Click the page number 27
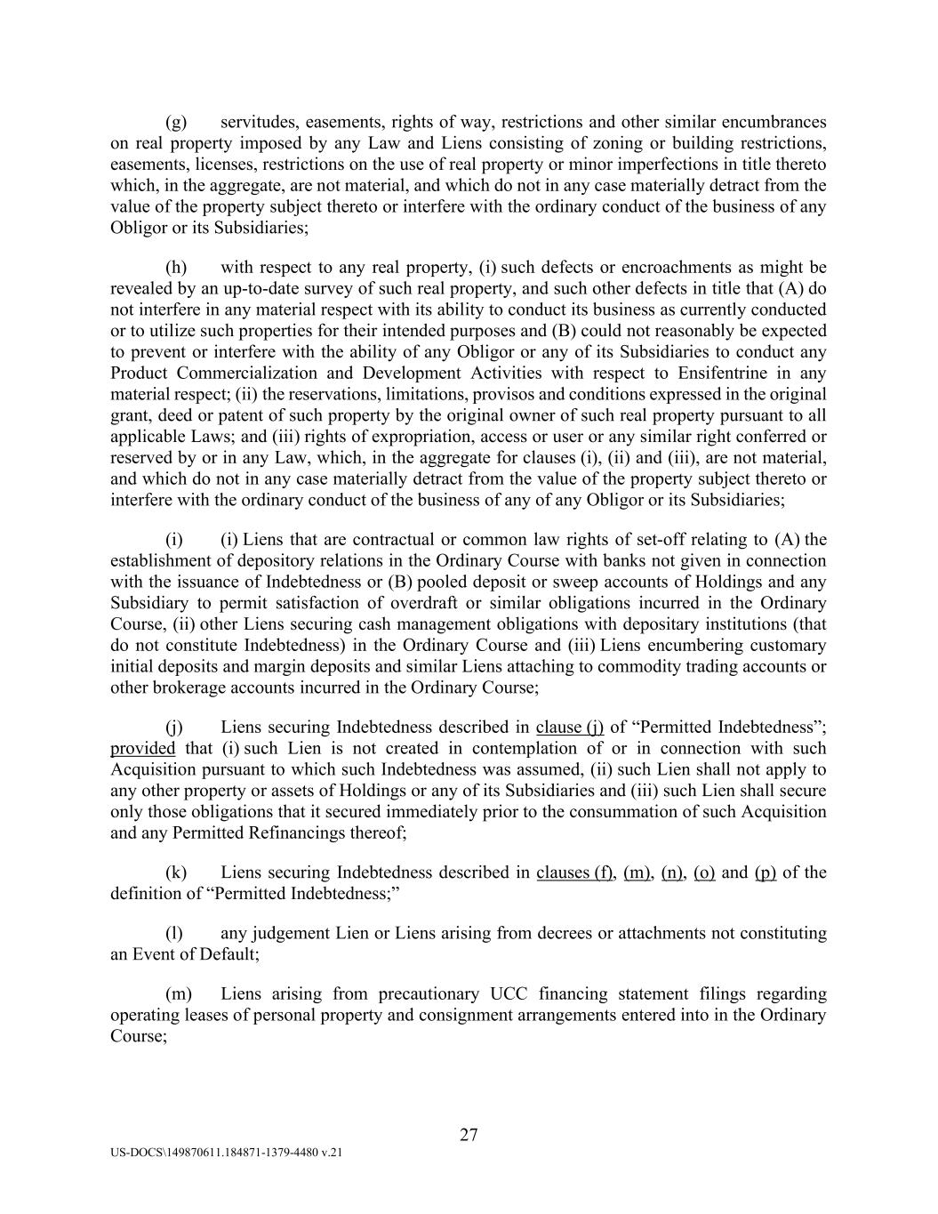coord(469,1134)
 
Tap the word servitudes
coord(259,122)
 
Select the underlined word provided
coord(142,749)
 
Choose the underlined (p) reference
coord(766,872)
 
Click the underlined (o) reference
coord(704,872)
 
